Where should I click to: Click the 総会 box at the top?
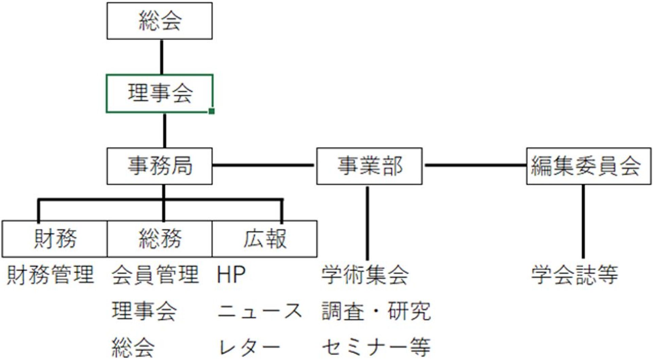(159, 21)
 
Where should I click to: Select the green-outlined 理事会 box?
(159, 93)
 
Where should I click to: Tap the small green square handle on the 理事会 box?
(211, 111)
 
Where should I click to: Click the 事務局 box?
(159, 166)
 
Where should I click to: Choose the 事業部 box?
(369, 166)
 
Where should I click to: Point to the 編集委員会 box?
(588, 166)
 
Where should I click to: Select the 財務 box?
(55, 239)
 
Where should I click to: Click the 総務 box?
(159, 239)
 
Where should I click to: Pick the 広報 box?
(264, 239)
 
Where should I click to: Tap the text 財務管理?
(50, 275)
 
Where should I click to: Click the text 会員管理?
(155, 275)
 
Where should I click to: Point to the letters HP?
(231, 275)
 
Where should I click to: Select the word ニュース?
(260, 311)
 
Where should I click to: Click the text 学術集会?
(365, 275)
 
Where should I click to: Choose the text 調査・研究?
(376, 311)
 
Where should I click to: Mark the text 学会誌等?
(575, 275)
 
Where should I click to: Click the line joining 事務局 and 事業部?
(263, 165)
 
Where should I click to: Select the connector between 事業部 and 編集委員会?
(475, 165)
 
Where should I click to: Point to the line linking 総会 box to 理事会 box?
(161, 57)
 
